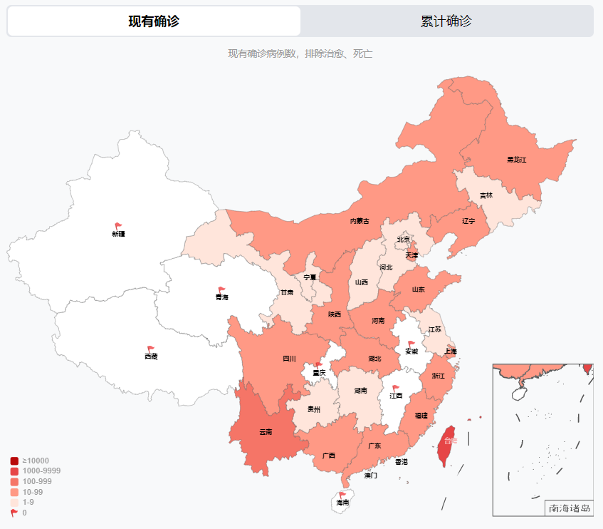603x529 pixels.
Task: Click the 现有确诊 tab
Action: pyautogui.click(x=154, y=21)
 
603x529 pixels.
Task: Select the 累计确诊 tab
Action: pyautogui.click(x=446, y=21)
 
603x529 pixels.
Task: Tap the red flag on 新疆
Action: pyautogui.click(x=119, y=226)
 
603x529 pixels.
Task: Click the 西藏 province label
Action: pyautogui.click(x=151, y=356)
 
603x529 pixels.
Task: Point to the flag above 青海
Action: pyautogui.click(x=222, y=289)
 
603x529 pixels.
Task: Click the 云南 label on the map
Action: pyautogui.click(x=266, y=432)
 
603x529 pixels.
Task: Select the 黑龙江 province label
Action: pyautogui.click(x=516, y=159)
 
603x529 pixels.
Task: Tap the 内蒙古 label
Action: pyautogui.click(x=360, y=221)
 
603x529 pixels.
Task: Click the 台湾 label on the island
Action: pyautogui.click(x=450, y=441)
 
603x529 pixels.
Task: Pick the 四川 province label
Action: pyautogui.click(x=289, y=359)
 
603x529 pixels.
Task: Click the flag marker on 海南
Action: pyautogui.click(x=342, y=494)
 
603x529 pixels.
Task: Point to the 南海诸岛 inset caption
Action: pyautogui.click(x=570, y=508)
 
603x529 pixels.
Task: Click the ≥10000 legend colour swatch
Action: pyautogui.click(x=14, y=461)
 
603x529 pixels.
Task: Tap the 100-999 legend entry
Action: pyautogui.click(x=32, y=481)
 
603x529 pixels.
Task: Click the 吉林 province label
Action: pyautogui.click(x=486, y=195)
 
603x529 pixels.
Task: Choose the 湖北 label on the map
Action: pyautogui.click(x=374, y=358)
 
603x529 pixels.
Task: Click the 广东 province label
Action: pyautogui.click(x=374, y=446)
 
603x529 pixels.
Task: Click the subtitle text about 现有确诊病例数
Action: pyautogui.click(x=300, y=54)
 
